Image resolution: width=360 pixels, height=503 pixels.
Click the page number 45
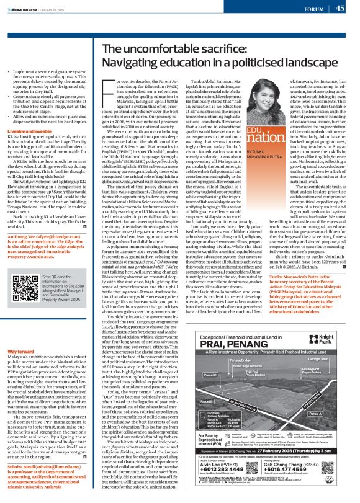(x=340, y=8)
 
